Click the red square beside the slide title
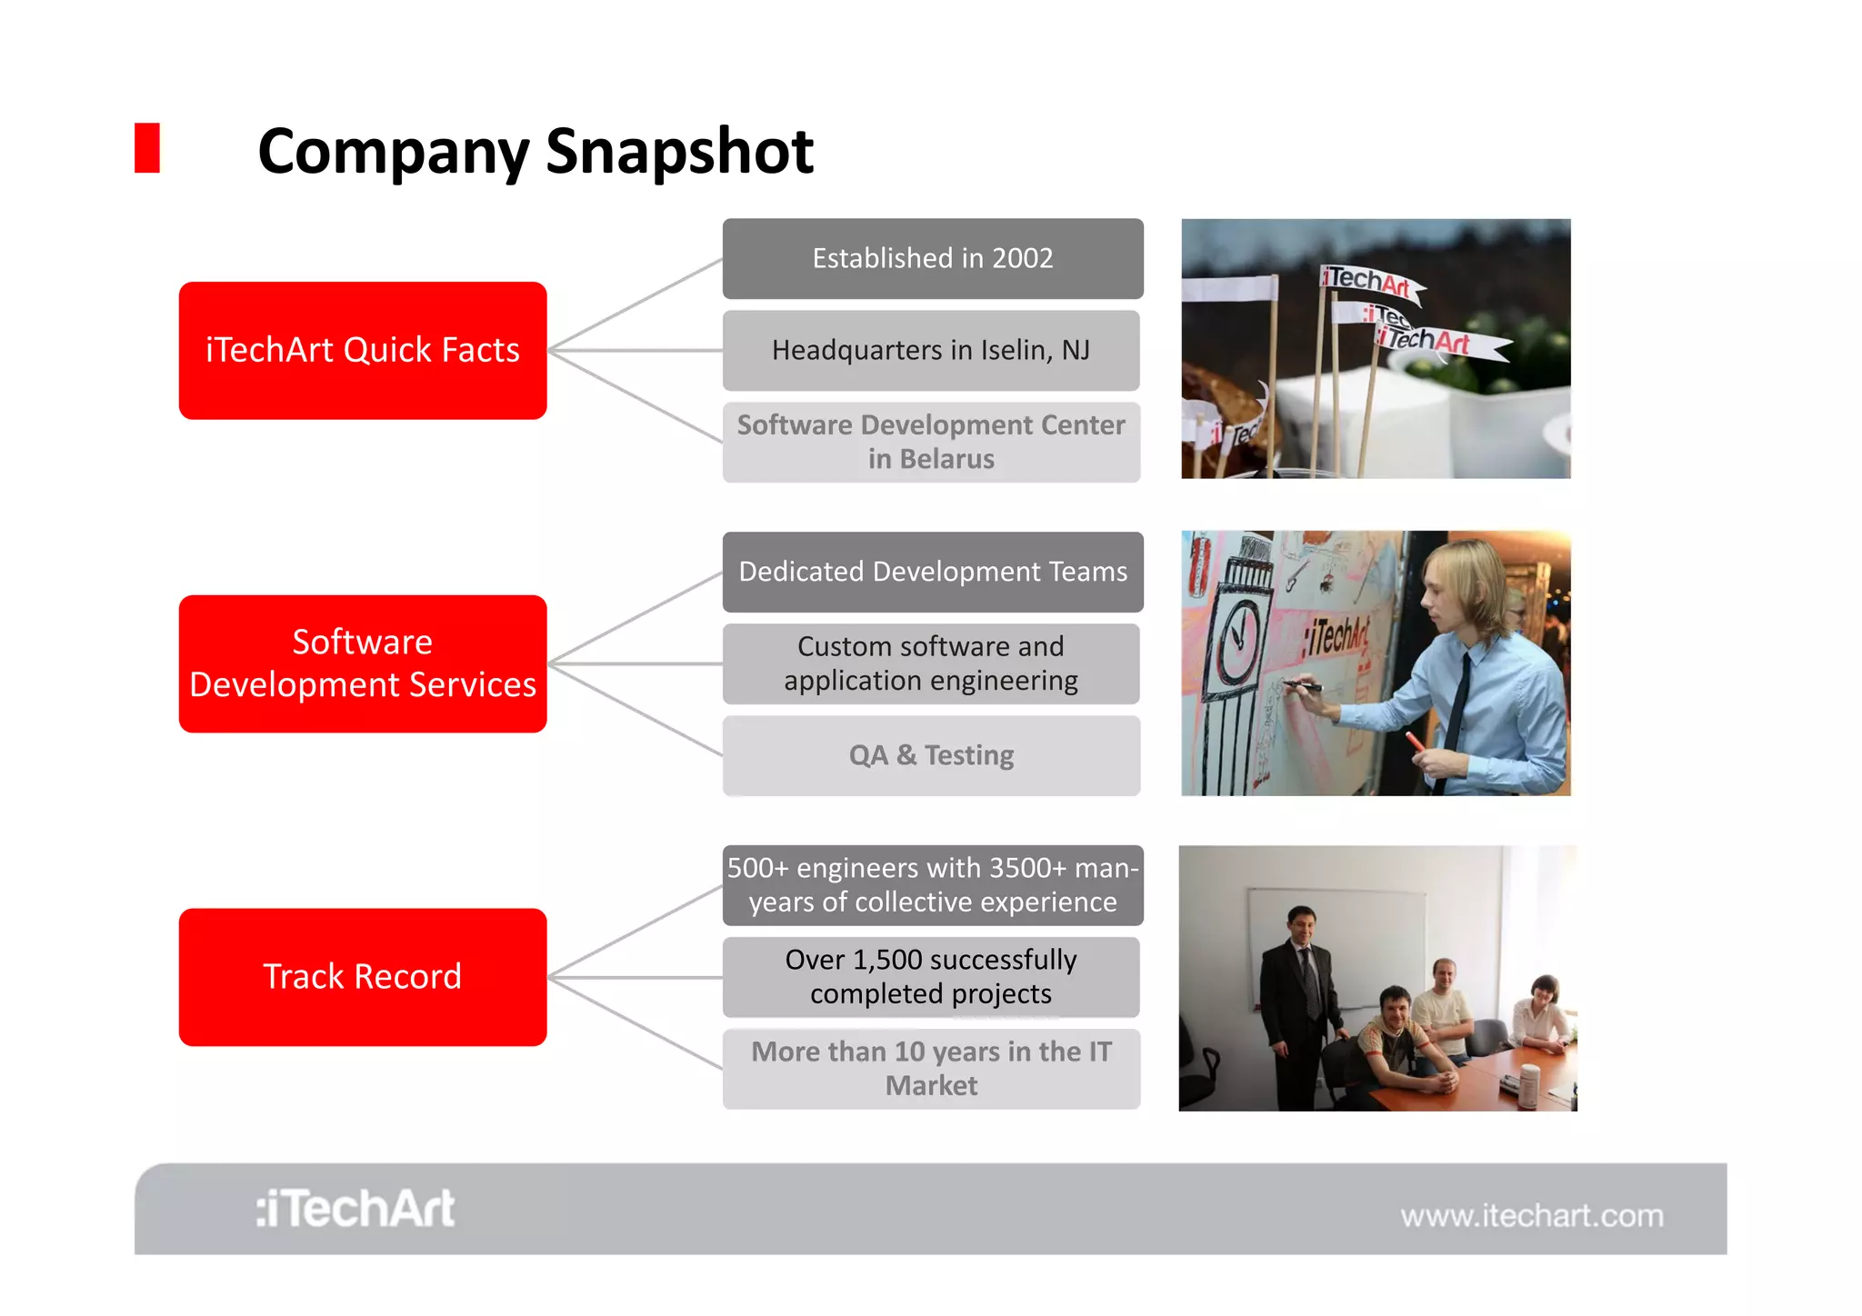(x=147, y=148)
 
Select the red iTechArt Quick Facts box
(x=363, y=350)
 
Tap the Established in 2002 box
(x=933, y=258)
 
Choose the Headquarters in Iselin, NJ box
(x=931, y=351)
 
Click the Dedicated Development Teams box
(x=933, y=572)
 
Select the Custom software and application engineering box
(x=931, y=663)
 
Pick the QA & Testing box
(x=931, y=755)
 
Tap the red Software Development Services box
(x=363, y=663)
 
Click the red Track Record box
(x=363, y=977)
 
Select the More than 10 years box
(x=931, y=1069)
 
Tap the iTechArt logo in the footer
(x=355, y=1209)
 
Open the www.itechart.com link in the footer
(x=1532, y=1216)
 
